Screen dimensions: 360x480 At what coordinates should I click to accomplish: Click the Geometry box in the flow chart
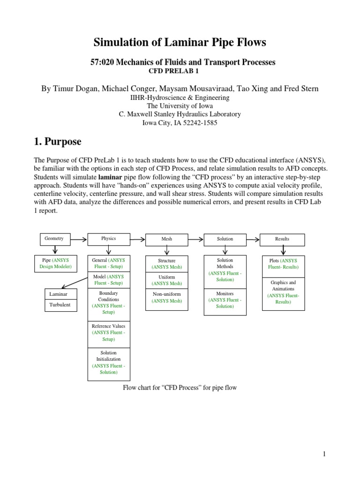(x=53, y=239)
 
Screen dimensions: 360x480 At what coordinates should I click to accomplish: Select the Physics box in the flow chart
(x=109, y=239)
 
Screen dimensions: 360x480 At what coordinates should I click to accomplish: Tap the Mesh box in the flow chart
(x=166, y=240)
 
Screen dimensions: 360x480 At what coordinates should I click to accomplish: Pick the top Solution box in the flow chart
(x=225, y=240)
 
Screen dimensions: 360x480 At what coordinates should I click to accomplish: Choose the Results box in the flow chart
(x=282, y=240)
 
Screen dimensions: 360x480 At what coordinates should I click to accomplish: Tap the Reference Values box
(x=109, y=332)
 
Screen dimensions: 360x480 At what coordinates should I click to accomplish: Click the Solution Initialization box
(x=109, y=362)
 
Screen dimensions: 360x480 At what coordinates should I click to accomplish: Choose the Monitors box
(x=225, y=300)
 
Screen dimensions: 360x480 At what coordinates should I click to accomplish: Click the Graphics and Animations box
(x=283, y=292)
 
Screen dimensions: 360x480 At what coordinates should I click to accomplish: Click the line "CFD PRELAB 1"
(x=180, y=70)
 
